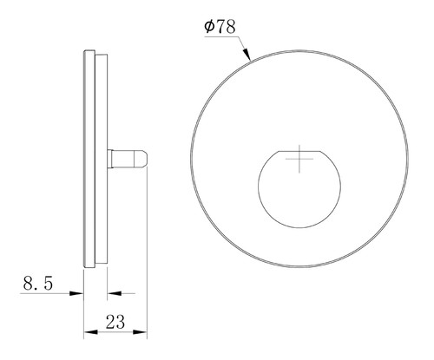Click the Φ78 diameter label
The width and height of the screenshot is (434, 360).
pyautogui.click(x=220, y=27)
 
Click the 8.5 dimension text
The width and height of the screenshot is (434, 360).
pyautogui.click(x=38, y=283)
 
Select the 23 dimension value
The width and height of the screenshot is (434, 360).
pyautogui.click(x=115, y=322)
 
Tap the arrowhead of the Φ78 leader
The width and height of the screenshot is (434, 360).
pyautogui.click(x=247, y=54)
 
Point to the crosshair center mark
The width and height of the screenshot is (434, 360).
pyautogui.click(x=299, y=159)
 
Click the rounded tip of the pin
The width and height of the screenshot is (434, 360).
pyautogui.click(x=144, y=159)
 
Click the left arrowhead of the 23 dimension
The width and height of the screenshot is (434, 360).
pyautogui.click(x=89, y=332)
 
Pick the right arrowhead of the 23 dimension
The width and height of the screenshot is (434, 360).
pyautogui.click(x=141, y=332)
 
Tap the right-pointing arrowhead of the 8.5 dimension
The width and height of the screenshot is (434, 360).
pyautogui.click(x=77, y=293)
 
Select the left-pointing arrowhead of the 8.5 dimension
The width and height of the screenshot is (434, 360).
pyautogui.click(x=114, y=293)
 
